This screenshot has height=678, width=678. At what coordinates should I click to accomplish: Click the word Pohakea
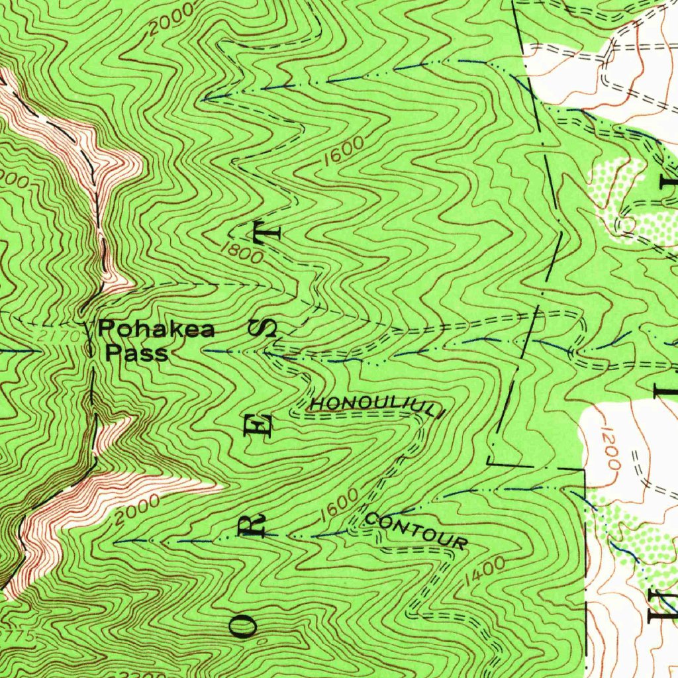point(156,328)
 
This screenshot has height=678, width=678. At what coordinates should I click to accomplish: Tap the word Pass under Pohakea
point(138,352)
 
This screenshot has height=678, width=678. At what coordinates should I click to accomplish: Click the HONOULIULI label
point(375,405)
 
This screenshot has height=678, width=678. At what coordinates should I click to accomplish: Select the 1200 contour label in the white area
point(610,449)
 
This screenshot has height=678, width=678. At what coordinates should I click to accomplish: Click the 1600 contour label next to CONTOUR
point(339,505)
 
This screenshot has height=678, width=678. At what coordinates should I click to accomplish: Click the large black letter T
point(268,233)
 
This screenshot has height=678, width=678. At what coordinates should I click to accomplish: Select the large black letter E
point(259,424)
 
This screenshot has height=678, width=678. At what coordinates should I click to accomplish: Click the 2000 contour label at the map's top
point(171,19)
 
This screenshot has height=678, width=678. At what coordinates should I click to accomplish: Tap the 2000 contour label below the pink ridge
point(136,510)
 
